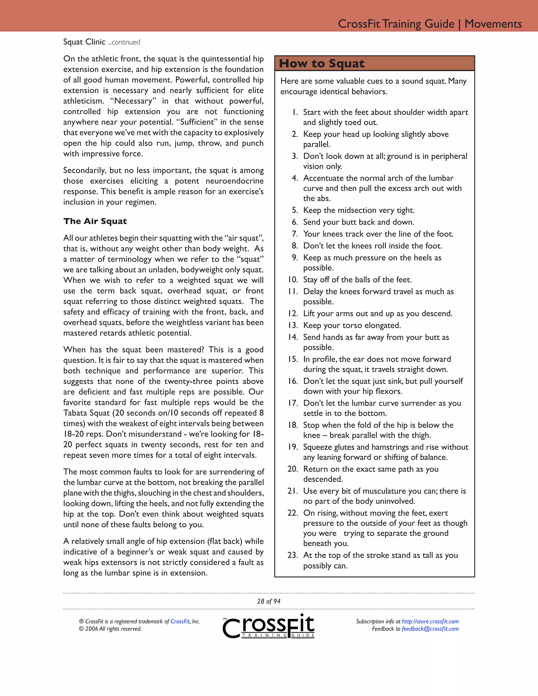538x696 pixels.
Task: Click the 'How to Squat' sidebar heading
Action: [x=322, y=63]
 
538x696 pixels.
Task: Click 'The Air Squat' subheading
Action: [x=95, y=221]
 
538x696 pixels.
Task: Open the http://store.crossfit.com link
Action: [x=430, y=621]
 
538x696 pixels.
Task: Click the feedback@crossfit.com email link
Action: [x=430, y=629]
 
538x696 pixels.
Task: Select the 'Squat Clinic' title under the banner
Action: [x=84, y=42]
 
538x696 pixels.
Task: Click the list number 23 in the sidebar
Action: [x=292, y=555]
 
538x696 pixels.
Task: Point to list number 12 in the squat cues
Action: [x=293, y=314]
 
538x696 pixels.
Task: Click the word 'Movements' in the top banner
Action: [x=493, y=24]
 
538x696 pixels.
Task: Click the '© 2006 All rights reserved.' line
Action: [x=110, y=629]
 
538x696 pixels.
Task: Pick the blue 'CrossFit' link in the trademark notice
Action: [x=180, y=621]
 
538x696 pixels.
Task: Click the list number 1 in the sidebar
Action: [x=295, y=112]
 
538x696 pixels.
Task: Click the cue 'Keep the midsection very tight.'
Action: [x=359, y=210]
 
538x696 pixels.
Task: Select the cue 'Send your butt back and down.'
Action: [x=359, y=222]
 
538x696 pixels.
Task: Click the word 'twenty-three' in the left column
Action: [x=187, y=381]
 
